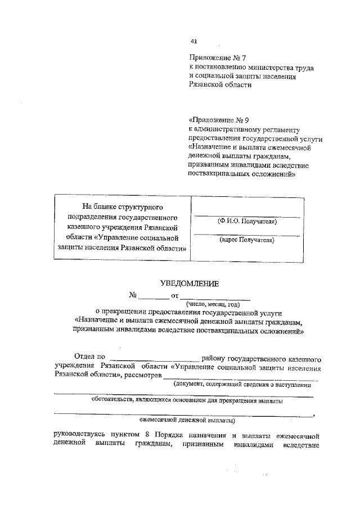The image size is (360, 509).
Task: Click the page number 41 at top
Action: (x=194, y=41)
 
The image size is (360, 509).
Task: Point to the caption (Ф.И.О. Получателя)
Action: (x=247, y=221)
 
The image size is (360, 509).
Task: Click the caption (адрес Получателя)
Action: (x=247, y=240)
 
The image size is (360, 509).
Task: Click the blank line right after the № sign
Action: (x=154, y=296)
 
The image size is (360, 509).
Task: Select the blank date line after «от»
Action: (x=215, y=296)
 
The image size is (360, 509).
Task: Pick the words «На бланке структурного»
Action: (x=123, y=208)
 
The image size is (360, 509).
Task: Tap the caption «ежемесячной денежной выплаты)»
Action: (x=187, y=420)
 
